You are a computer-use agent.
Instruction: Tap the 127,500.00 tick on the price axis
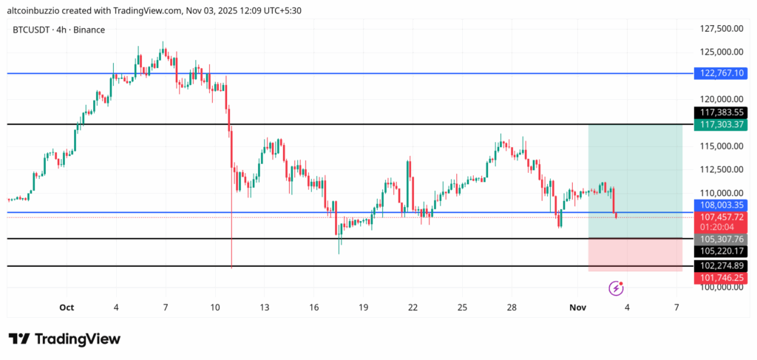[722, 28]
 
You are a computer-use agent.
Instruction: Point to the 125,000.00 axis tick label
[722, 52]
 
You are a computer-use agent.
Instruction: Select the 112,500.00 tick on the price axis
[722, 169]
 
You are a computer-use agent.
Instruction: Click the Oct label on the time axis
[67, 307]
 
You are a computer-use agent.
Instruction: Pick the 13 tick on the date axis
[265, 307]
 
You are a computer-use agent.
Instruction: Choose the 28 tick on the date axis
[512, 307]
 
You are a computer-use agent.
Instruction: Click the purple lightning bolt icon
[615, 288]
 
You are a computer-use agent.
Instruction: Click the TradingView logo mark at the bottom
[19, 339]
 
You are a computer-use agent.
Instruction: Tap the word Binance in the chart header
[89, 30]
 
